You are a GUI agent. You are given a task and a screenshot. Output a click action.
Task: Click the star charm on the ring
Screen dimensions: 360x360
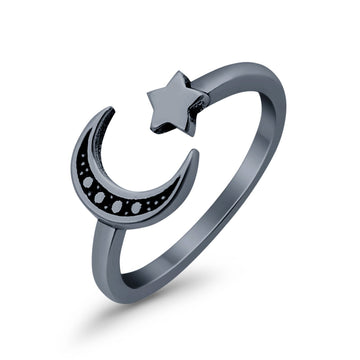point(176,104)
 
